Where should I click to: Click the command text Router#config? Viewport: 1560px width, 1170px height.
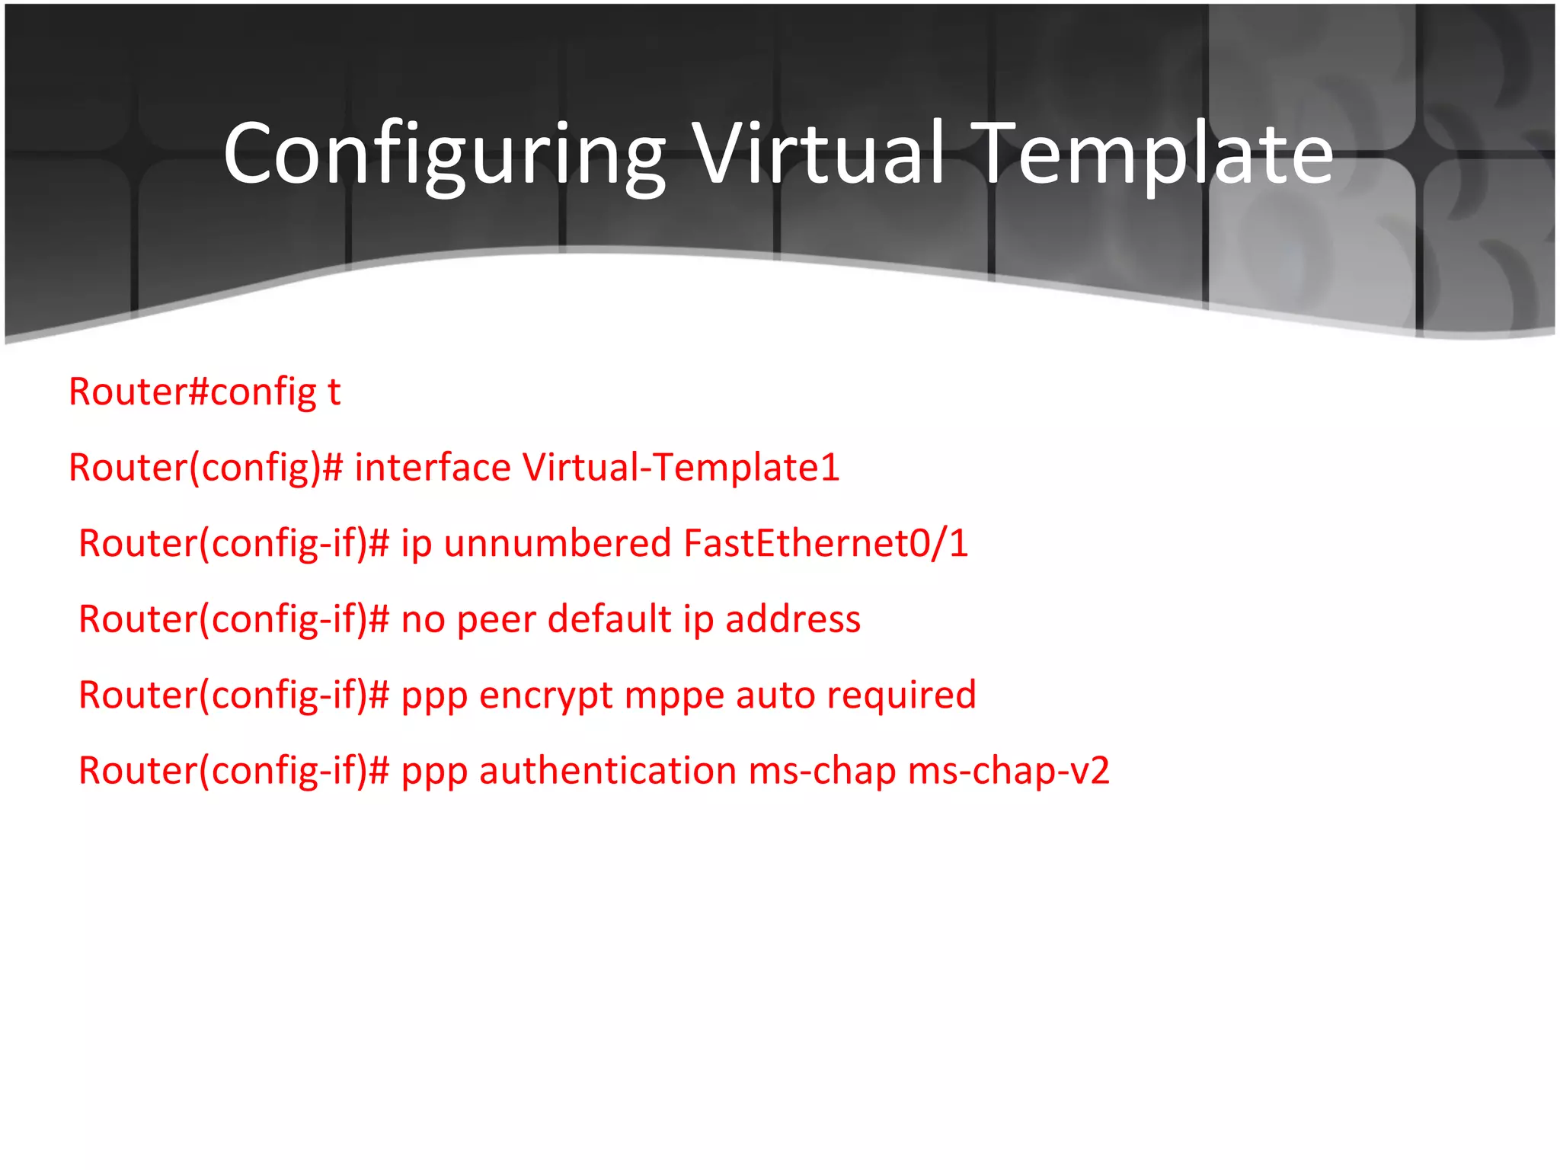[x=192, y=392]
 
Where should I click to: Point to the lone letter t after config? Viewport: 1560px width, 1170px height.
[x=334, y=392]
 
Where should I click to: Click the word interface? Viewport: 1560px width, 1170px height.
[x=433, y=467]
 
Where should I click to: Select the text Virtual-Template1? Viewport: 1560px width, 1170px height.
[x=680, y=467]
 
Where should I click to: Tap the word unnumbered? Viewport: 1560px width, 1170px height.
[x=558, y=543]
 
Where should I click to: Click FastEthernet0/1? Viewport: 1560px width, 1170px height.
[x=826, y=543]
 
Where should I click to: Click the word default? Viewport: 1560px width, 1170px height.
[x=609, y=619]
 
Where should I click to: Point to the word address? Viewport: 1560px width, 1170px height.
[x=793, y=619]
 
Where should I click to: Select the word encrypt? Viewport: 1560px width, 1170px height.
[x=545, y=695]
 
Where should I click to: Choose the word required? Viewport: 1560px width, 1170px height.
[x=901, y=695]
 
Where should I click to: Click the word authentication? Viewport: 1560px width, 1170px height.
[x=607, y=770]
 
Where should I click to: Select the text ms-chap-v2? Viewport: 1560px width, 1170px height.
[x=1009, y=770]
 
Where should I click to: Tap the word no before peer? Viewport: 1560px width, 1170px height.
[x=423, y=619]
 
